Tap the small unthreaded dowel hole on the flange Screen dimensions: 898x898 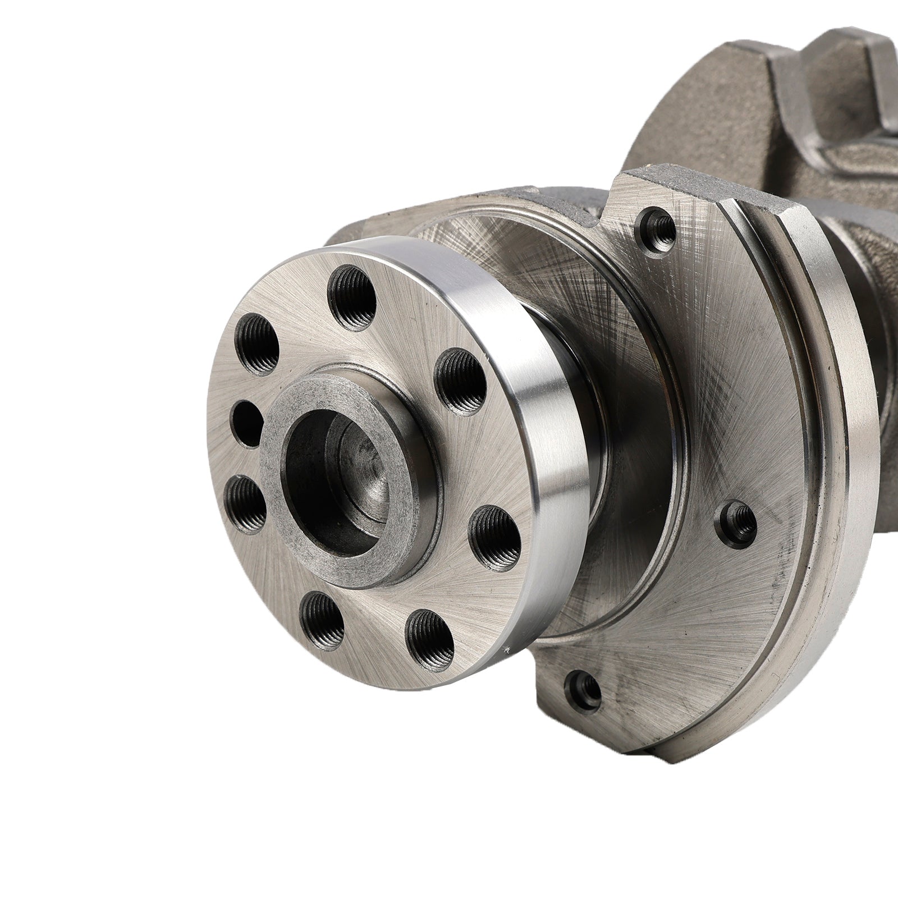click(247, 421)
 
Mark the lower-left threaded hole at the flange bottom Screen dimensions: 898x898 click(322, 620)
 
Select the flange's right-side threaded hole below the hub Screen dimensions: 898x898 click(493, 533)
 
